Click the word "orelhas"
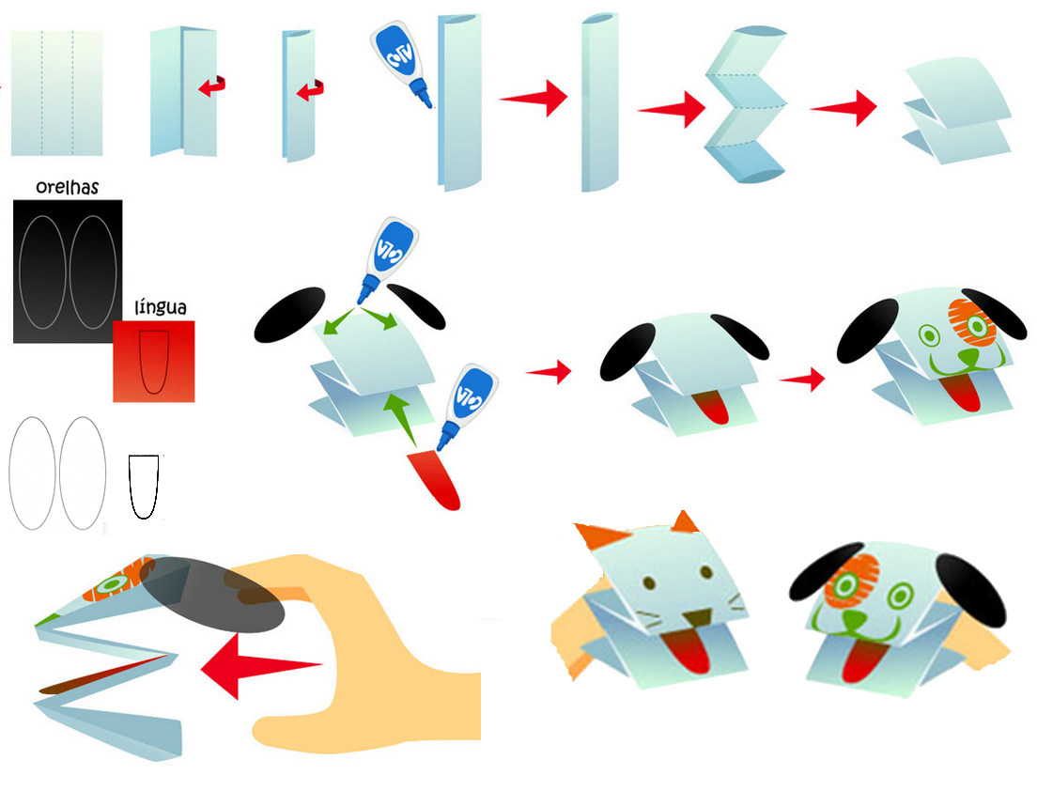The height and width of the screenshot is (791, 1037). [67, 187]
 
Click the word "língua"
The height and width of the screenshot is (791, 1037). [160, 307]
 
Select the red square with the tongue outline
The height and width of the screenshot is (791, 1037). [153, 361]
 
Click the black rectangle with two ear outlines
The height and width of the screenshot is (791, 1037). [68, 271]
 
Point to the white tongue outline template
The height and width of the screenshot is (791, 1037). [144, 487]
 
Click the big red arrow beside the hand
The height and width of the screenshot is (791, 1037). [261, 666]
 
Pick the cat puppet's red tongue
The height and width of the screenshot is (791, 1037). [686, 651]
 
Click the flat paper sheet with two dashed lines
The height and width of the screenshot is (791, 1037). [57, 93]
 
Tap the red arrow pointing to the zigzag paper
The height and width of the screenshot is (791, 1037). [672, 109]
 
